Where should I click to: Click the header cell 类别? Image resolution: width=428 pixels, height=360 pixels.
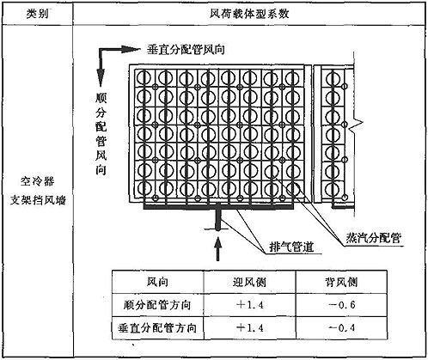coord(37,14)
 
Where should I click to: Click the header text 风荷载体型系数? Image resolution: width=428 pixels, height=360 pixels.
coord(249,14)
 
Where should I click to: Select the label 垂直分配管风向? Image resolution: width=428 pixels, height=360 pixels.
coord(186,50)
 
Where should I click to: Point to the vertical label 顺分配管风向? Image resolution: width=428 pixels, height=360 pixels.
coord(101,134)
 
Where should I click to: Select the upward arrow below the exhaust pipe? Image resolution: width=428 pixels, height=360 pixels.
coord(218,248)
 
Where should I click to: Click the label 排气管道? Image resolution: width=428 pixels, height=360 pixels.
coord(291,247)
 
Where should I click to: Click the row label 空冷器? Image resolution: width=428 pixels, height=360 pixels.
coord(37,181)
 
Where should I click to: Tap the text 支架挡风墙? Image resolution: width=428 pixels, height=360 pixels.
coord(38,200)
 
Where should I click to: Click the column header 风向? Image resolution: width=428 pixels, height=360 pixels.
coord(157,282)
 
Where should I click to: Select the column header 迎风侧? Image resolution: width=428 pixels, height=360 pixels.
coord(249,282)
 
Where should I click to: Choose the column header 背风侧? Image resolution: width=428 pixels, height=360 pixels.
coord(341,283)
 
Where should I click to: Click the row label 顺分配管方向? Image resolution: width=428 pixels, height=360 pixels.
coord(157,305)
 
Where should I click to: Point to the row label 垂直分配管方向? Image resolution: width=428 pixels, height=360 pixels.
coord(157,328)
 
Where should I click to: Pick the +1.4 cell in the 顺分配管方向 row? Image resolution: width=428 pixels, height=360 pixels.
coord(250,305)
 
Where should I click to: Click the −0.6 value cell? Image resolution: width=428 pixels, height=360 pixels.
coord(341,305)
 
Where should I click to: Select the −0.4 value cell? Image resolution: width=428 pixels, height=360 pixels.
coord(341,328)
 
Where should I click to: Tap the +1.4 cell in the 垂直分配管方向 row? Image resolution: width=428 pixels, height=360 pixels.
coord(250,328)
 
